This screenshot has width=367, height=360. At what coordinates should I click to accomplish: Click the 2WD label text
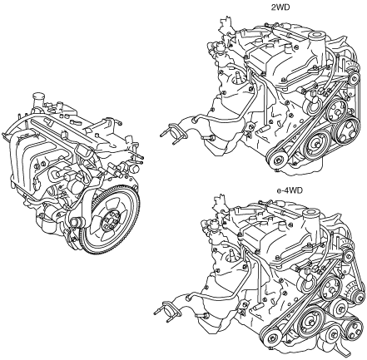[x=280, y=7]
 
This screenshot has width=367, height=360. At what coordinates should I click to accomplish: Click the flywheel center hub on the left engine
[x=110, y=219]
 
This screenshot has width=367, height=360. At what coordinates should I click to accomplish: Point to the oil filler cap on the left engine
[x=37, y=99]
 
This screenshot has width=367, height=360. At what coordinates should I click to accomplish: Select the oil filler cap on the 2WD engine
[x=316, y=37]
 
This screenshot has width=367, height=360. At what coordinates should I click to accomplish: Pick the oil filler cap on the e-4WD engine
[x=310, y=215]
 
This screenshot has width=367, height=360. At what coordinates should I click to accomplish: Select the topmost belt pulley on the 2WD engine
[x=354, y=79]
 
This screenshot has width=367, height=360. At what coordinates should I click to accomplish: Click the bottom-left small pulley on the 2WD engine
[x=278, y=160]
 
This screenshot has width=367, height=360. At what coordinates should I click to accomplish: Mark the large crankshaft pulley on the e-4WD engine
[x=310, y=322]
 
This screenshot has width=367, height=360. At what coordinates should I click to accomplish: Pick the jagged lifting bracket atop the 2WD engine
[x=224, y=24]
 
